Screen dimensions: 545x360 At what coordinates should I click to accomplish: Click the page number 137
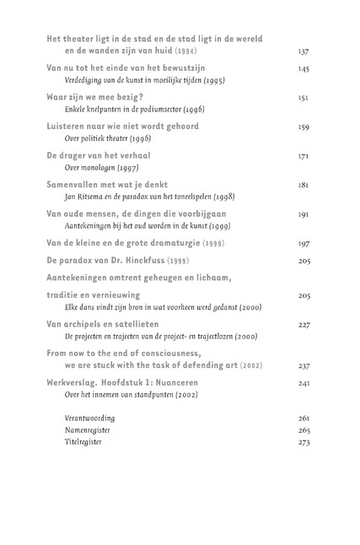pyautogui.click(x=304, y=51)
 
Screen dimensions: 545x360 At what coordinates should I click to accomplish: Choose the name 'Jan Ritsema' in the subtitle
pyautogui.click(x=84, y=197)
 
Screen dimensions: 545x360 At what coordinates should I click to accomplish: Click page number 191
pyautogui.click(x=304, y=215)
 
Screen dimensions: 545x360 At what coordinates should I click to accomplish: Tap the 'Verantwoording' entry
pyautogui.click(x=89, y=418)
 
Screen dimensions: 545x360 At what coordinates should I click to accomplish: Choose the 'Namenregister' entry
pyautogui.click(x=88, y=429)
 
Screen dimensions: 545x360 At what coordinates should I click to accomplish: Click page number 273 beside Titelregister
pyautogui.click(x=304, y=441)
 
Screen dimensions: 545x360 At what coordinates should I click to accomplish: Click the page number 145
pyautogui.click(x=304, y=67)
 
